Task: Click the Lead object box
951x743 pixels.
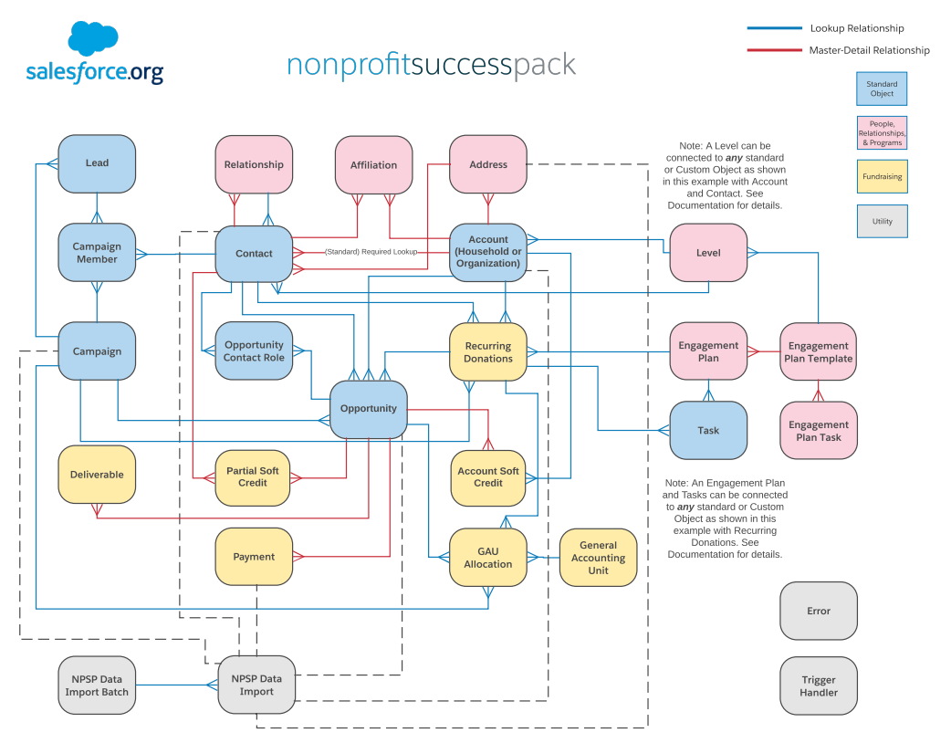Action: coord(97,163)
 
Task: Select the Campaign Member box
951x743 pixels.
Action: coord(97,253)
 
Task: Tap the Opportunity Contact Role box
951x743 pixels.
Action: coord(254,351)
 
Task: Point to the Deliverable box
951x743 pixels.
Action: coord(97,475)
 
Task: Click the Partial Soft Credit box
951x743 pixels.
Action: coord(253,477)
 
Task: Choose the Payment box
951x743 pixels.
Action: coord(254,557)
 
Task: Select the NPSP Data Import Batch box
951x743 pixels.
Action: coord(97,685)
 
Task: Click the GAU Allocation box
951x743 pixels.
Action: coord(488,558)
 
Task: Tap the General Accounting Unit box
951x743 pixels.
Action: coord(598,558)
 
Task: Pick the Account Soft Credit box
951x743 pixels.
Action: coord(488,477)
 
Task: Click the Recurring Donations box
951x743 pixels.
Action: coord(488,352)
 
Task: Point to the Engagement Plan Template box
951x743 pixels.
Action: coord(818,352)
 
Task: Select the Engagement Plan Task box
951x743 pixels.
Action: coord(818,431)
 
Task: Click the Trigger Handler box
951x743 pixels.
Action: coord(818,686)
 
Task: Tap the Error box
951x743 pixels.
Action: coord(818,611)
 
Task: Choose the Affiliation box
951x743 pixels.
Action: coord(373,165)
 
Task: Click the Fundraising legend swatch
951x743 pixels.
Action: coord(882,177)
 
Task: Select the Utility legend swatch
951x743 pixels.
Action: coord(882,221)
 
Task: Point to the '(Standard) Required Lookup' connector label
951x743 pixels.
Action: coord(371,252)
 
